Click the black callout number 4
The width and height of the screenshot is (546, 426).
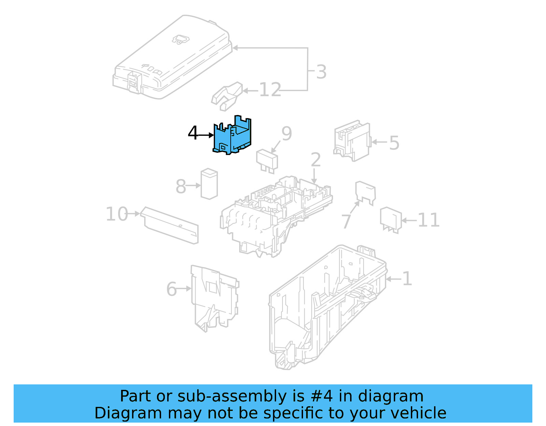pos(193,133)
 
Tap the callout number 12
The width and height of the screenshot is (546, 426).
pos(270,90)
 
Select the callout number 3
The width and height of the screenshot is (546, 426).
pos(321,72)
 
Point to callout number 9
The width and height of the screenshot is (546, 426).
pos(287,133)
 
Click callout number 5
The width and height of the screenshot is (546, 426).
pos(394,143)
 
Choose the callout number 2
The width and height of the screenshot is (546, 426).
pos(316,160)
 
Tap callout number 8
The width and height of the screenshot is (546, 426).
pos(181,187)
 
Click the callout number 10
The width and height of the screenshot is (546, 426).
pos(117,214)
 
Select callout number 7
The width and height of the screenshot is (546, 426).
pos(346,221)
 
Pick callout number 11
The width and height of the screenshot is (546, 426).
pos(428,220)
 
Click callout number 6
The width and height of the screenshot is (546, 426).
pos(171,289)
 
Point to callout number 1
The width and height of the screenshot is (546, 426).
pos(407,279)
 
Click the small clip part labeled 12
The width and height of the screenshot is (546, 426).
pos(226,96)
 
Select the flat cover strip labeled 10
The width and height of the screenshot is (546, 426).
pos(170,225)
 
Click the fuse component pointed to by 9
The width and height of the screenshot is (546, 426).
pos(267,161)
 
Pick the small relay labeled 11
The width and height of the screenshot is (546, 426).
pos(391,219)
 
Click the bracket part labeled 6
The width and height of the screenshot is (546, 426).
pos(214,297)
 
